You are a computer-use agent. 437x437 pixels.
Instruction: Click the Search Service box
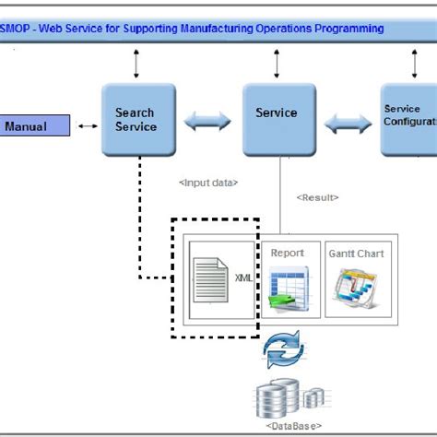tap(136, 120)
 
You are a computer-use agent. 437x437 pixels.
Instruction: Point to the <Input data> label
tap(208, 183)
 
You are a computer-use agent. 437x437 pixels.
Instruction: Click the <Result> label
tap(317, 197)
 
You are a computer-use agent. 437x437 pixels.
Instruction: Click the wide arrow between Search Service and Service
tap(207, 120)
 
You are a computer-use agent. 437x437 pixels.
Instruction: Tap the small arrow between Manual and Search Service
tap(88, 126)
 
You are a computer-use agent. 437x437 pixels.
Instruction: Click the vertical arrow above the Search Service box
tap(136, 64)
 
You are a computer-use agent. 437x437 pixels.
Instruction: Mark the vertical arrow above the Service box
tap(277, 64)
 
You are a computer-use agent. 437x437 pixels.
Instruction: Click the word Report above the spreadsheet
tap(287, 253)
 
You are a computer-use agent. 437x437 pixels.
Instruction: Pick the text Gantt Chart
tap(356, 253)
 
